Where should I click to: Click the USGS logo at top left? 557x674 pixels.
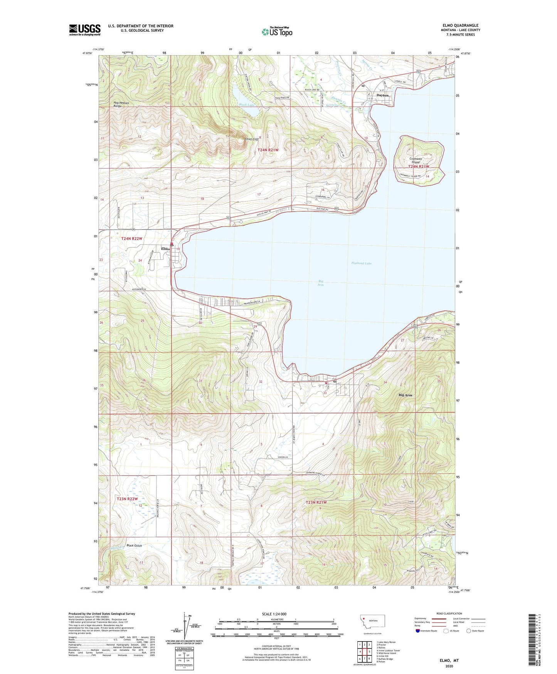84,30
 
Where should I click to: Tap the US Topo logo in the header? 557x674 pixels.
277,32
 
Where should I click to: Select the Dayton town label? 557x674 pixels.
382,95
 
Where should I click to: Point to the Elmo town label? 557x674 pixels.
165,249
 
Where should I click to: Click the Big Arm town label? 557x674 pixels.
405,395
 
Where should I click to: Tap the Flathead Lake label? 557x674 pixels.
361,263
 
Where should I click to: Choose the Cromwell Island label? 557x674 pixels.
415,161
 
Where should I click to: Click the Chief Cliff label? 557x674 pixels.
251,139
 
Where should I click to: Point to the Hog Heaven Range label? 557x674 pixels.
121,104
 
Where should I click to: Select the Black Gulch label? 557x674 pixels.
134,545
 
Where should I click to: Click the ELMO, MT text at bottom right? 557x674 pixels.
449,660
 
